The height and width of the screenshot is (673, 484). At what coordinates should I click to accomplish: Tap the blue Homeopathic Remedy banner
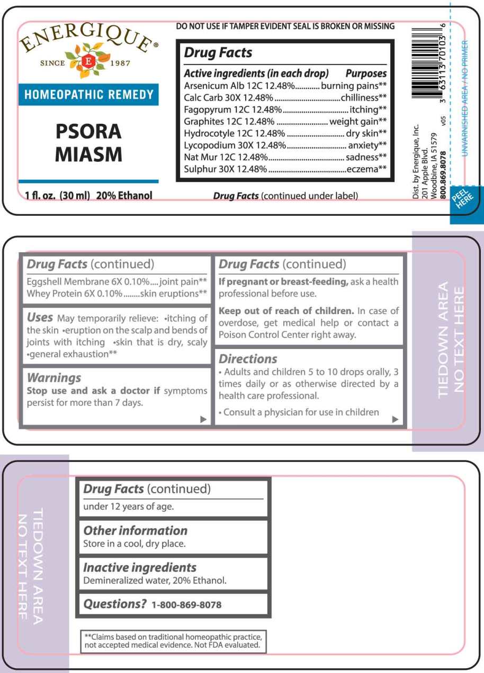(x=89, y=95)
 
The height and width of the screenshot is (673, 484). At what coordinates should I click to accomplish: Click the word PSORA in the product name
(x=89, y=131)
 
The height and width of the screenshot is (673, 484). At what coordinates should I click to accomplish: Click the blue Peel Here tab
(x=460, y=201)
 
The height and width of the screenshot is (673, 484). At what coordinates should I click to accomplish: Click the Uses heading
(x=40, y=317)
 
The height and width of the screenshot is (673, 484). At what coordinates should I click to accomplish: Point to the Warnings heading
(x=54, y=377)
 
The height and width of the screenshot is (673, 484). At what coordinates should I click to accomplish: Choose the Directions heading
(x=248, y=358)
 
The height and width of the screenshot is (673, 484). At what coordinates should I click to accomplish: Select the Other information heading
(x=135, y=530)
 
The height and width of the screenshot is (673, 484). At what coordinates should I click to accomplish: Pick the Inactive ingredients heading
(x=140, y=567)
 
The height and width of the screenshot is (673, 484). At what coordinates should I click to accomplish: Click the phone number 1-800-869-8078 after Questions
(x=186, y=604)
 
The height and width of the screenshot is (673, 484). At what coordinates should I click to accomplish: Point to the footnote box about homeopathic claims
(x=172, y=641)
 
